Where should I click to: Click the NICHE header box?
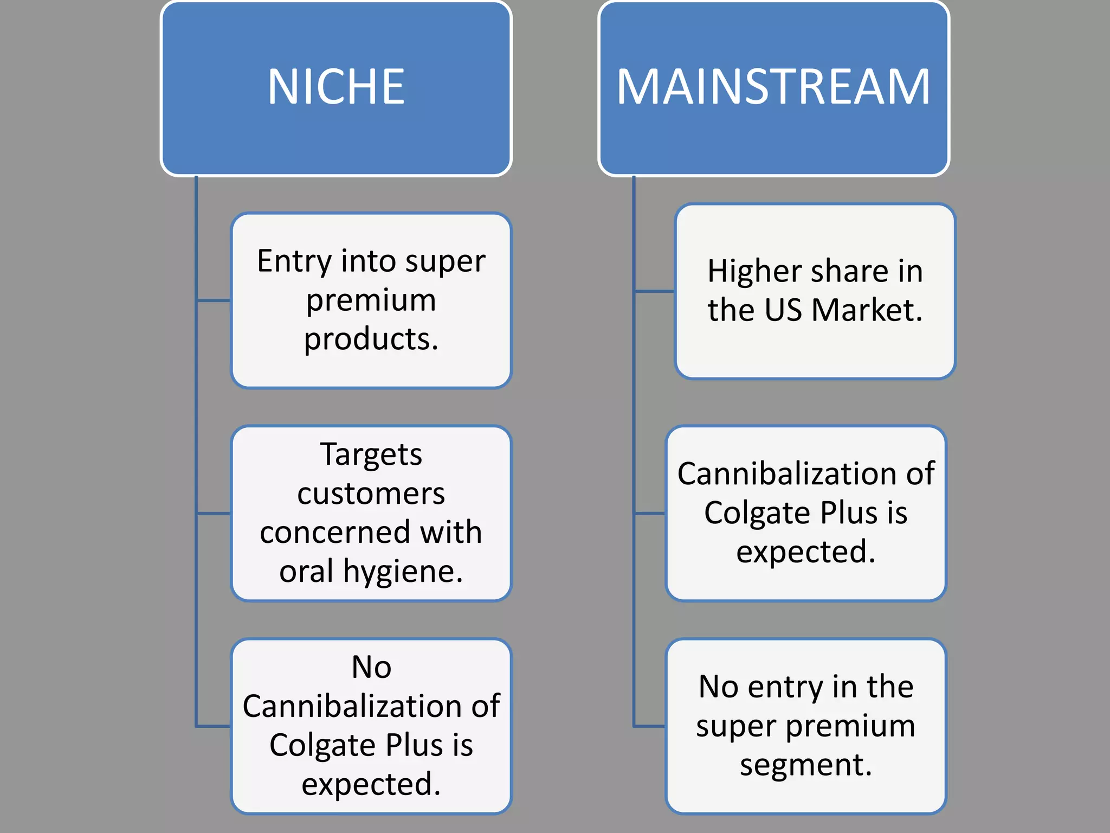336,88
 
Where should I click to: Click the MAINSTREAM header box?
773,88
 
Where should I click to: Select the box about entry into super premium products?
371,300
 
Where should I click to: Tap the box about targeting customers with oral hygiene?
371,513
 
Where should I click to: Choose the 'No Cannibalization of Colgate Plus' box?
371,726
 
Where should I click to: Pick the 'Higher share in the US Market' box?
815,291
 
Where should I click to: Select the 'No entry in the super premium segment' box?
806,726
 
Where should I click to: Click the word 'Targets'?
371,454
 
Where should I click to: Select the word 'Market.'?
867,310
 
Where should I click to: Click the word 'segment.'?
806,766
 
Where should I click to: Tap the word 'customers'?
371,494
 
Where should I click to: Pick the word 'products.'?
371,339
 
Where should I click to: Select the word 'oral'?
306,572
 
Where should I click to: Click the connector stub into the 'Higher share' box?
654,291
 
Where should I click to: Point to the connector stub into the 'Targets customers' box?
214,513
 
